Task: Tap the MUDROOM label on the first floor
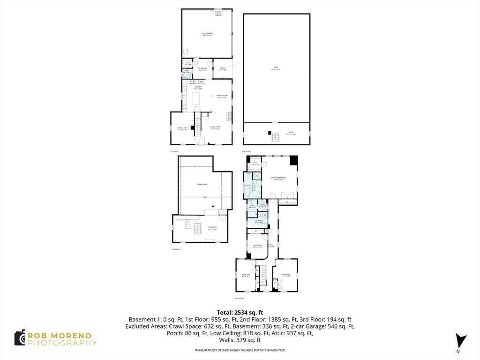[x=202, y=69]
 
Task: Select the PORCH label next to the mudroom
[x=223, y=69]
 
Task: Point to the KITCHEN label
[x=198, y=88]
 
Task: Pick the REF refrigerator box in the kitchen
[x=201, y=82]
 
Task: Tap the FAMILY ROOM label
[x=222, y=96]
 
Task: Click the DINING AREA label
[x=182, y=128]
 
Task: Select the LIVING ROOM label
[x=215, y=128]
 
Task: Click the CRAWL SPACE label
[x=202, y=184]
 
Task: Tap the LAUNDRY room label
[x=258, y=221]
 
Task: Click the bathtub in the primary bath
[x=247, y=192]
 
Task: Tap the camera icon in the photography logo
[x=19, y=338]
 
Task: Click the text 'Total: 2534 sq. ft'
[x=240, y=312]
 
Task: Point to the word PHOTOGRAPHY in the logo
[x=62, y=343]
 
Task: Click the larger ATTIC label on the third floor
[x=276, y=68]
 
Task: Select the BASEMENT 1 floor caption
[x=177, y=249]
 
